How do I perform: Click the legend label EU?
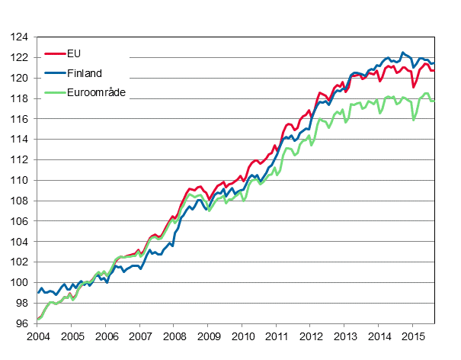click(x=74, y=53)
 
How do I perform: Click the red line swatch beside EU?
click(x=55, y=54)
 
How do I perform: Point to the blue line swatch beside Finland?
click(x=55, y=74)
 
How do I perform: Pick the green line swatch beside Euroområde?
click(x=55, y=93)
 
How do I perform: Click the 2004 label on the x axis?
click(x=37, y=336)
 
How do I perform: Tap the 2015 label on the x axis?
click(x=413, y=336)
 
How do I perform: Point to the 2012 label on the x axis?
click(x=311, y=336)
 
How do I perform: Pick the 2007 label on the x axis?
click(x=140, y=336)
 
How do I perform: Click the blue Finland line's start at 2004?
click(x=38, y=292)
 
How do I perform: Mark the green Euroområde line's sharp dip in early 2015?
click(x=414, y=120)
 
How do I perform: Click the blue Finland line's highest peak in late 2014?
click(x=402, y=53)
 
